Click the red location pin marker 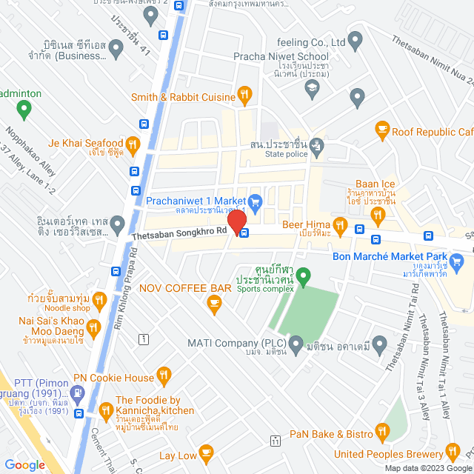tap(236, 221)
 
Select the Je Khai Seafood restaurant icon tap(133, 144)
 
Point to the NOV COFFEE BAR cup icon tap(214, 301)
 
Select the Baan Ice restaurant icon tap(378, 216)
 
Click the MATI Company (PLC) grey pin tap(296, 344)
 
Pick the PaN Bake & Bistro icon tap(382, 431)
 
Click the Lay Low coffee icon tap(206, 451)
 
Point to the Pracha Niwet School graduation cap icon tap(312, 88)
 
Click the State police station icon tap(317, 144)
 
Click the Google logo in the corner tap(24, 464)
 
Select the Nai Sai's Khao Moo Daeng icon tap(93, 327)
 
